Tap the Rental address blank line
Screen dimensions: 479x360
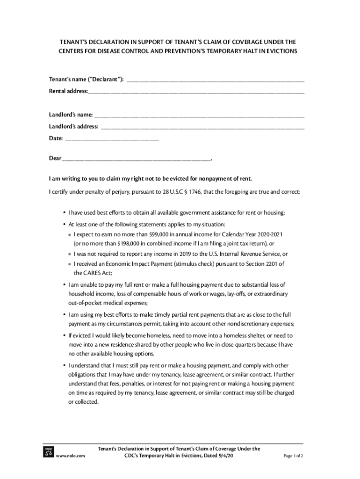196,92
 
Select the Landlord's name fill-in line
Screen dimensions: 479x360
199,115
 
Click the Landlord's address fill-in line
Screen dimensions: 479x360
202,127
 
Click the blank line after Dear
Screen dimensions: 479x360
136,159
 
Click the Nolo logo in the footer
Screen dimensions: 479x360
48,452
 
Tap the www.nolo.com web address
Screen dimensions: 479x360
70,456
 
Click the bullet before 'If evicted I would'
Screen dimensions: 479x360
64,336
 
